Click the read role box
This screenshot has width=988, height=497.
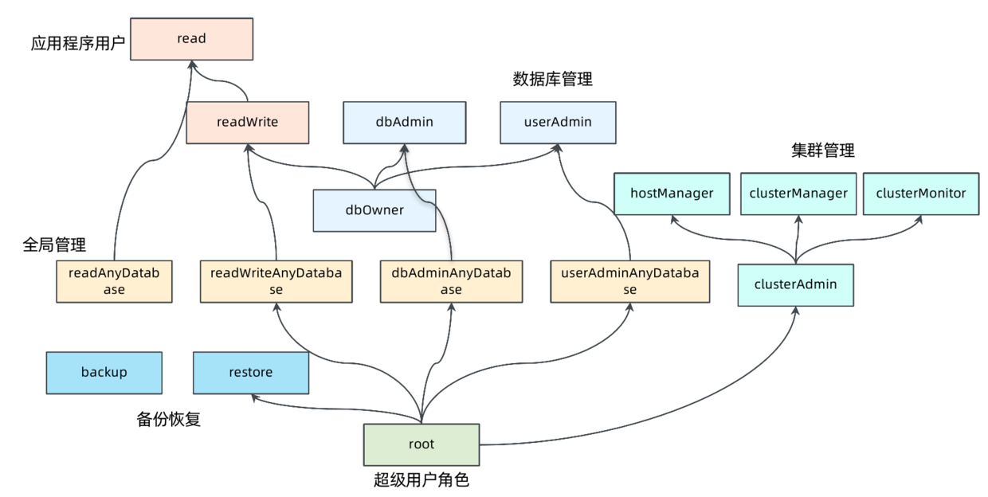tap(191, 38)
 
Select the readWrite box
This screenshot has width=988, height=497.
tap(247, 123)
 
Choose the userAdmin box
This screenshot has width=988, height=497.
tap(558, 123)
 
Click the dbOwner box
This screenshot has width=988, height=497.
tap(374, 210)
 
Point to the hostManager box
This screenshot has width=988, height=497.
tap(672, 193)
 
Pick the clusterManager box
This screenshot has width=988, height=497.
tap(798, 193)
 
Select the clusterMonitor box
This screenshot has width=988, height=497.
tap(920, 193)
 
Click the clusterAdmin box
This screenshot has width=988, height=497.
tap(795, 284)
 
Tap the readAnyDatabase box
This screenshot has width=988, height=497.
tap(114, 281)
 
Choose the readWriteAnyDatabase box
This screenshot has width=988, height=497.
tap(276, 281)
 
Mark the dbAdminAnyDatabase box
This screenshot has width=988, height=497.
tap(451, 281)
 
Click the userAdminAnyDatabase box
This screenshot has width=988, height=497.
tap(629, 281)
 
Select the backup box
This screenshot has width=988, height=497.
tap(104, 372)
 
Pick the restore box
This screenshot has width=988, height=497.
tap(251, 372)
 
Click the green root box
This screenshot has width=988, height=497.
tap(421, 444)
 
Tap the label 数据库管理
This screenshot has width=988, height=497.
tap(553, 80)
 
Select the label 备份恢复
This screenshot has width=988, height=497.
tap(169, 419)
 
